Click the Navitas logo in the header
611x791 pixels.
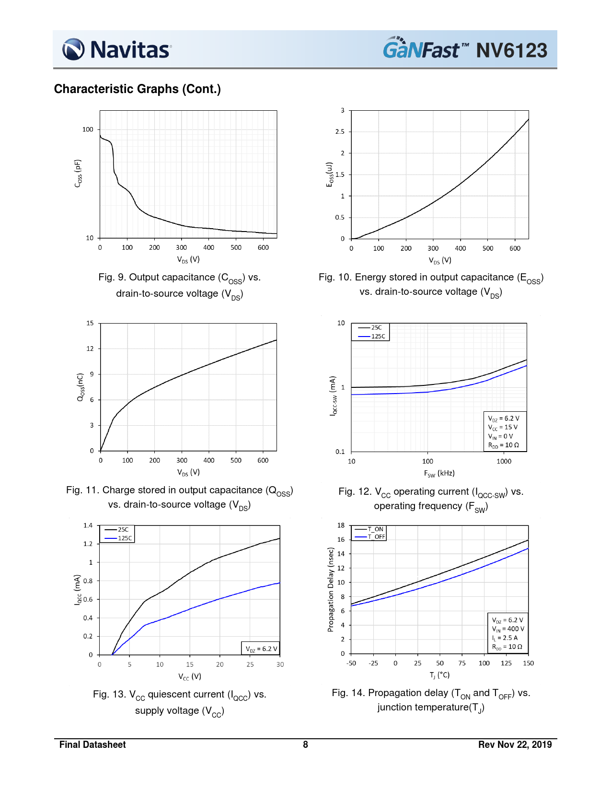click(116, 49)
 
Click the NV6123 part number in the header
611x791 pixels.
click(511, 50)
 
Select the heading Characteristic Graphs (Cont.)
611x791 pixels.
click(137, 89)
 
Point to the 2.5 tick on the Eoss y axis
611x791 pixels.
click(340, 132)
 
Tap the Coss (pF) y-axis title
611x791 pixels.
click(78, 173)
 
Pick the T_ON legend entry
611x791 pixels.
click(375, 529)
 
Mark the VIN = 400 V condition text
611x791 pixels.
click(508, 629)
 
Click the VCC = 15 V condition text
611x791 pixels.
click(503, 427)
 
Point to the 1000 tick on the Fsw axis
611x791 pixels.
click(504, 462)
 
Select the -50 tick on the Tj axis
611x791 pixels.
click(351, 663)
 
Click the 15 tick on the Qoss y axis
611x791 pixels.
click(90, 323)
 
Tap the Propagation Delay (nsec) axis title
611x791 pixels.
click(331, 590)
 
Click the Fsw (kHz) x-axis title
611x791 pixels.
click(439, 474)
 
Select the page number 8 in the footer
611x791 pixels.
click(305, 744)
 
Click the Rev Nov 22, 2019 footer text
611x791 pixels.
click(515, 744)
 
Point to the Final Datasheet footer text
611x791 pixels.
click(92, 744)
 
